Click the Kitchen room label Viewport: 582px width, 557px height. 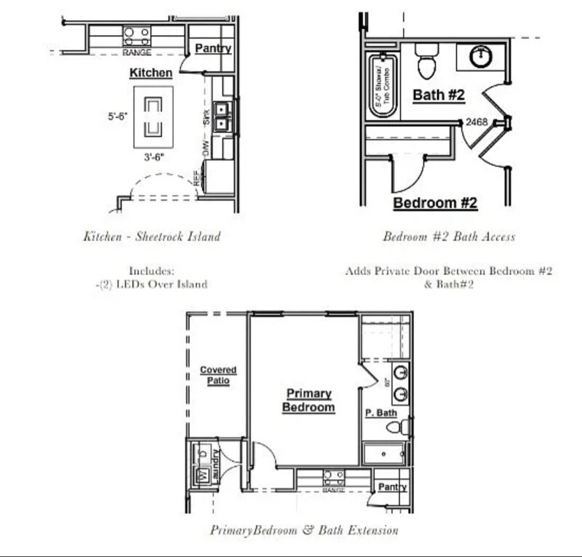[151, 73]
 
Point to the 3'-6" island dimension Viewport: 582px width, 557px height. [154, 154]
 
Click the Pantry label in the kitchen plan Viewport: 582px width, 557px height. [213, 49]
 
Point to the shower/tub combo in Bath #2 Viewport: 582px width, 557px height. [382, 85]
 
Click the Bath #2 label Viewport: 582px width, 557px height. [439, 95]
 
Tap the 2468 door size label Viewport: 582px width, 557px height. [477, 122]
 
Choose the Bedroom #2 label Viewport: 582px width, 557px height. [435, 203]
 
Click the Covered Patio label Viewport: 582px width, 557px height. [218, 376]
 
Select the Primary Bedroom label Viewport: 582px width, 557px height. [308, 400]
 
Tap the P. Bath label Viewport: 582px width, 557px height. [381, 413]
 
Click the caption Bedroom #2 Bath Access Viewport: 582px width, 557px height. [449, 236]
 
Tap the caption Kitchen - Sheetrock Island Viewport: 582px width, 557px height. [151, 236]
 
